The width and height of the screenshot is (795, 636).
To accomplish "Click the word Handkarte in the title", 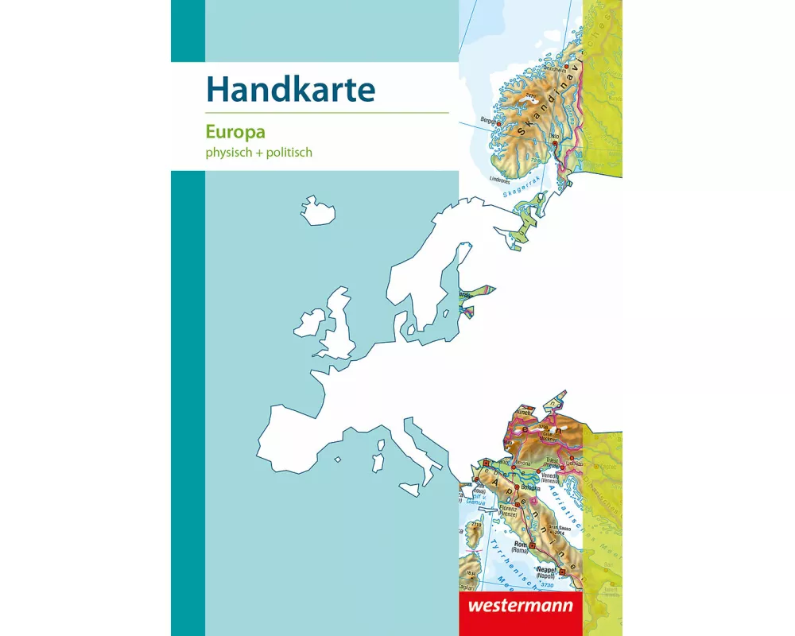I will [290, 90].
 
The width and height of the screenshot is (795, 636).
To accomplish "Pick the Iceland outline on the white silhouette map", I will [317, 211].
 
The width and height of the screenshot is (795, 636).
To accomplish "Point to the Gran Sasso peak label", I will [565, 527].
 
